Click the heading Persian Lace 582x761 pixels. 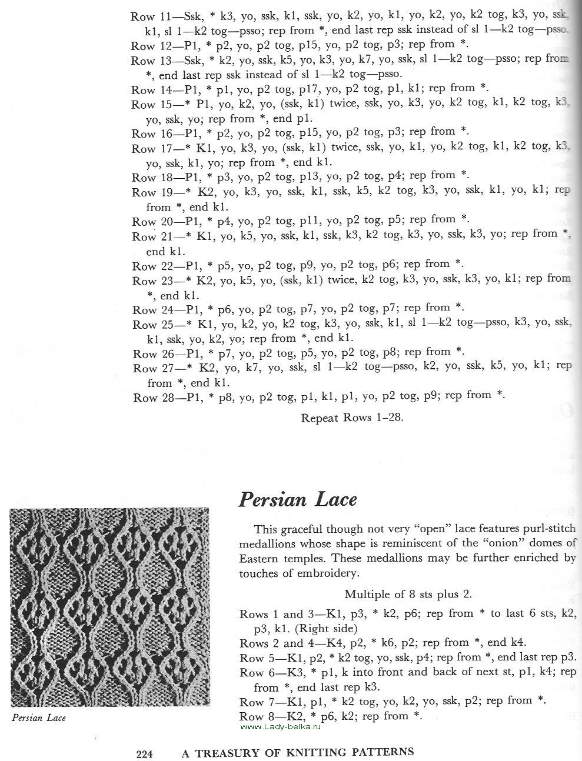pos(297,499)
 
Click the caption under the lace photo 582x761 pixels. pos(38,717)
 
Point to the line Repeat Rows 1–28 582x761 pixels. pos(352,418)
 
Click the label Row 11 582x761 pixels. pos(147,16)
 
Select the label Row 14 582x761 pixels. pos(147,90)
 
